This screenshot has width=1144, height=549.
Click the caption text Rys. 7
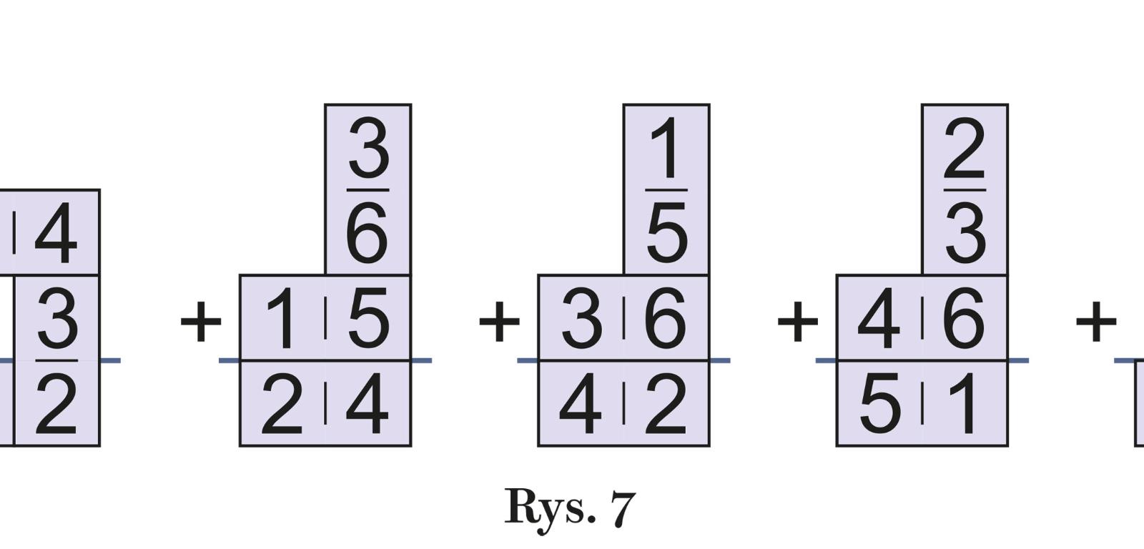tap(570, 508)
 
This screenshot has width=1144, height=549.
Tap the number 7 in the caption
tap(623, 508)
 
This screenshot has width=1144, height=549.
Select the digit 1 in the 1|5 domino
tap(283, 319)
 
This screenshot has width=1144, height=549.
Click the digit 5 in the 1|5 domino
tap(368, 319)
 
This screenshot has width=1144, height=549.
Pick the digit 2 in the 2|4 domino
tap(282, 405)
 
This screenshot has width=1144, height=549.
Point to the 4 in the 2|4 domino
tap(368, 405)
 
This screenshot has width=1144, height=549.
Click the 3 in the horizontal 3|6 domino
tap(581, 319)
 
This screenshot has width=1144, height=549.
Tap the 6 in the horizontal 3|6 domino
tap(666, 319)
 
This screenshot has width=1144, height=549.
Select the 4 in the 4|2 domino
tap(580, 405)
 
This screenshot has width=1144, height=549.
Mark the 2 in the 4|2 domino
tap(666, 405)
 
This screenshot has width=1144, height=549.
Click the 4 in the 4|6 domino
tap(879, 319)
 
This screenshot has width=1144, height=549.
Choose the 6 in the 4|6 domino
tap(965, 319)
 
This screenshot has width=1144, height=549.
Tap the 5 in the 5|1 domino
tap(879, 405)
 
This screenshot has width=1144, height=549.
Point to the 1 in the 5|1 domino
tap(965, 405)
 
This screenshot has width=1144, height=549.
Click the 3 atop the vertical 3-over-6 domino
tap(368, 149)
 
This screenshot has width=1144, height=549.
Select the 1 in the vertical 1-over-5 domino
tap(666, 149)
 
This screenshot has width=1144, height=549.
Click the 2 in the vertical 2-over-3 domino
tap(965, 149)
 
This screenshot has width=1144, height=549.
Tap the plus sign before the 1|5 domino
tap(201, 322)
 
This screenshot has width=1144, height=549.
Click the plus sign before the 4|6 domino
tap(797, 322)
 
